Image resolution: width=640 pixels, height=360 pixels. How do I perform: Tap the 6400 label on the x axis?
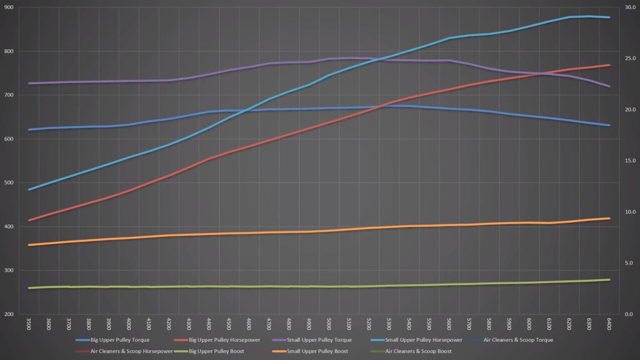coord(609,324)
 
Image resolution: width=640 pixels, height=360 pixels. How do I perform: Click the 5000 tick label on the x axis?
coord(329,324)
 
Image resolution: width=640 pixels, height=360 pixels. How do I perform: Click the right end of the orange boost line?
coord(609,218)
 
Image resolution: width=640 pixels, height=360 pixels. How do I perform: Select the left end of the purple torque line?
coord(29,83)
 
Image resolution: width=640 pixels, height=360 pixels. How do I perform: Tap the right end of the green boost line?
coord(609,279)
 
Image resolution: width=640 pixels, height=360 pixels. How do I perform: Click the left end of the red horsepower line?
coord(29,220)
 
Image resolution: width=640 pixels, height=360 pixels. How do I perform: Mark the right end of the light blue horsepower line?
coord(609,18)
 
